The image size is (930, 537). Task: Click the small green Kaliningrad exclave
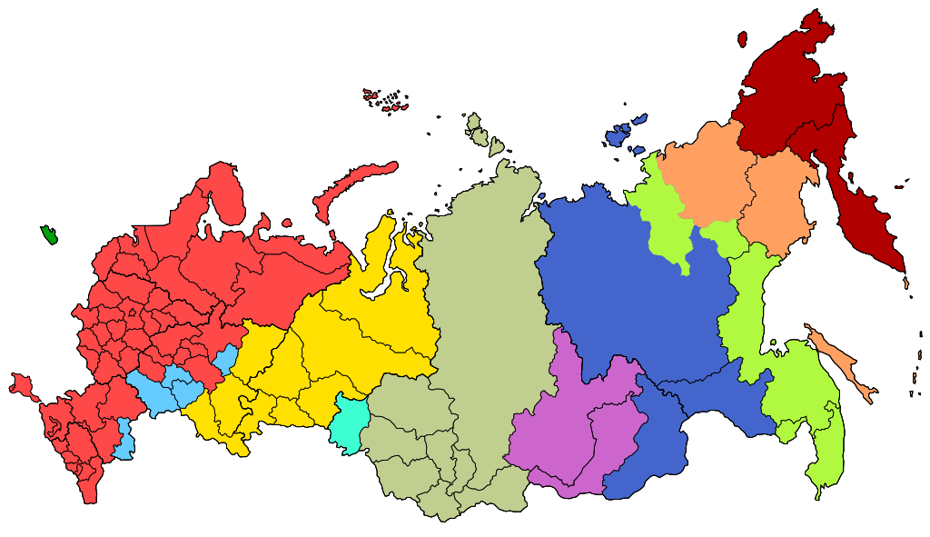[49, 234]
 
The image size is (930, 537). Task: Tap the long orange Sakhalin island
[840, 367]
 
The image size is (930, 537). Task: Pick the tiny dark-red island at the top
[742, 39]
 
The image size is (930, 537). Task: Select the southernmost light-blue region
[124, 440]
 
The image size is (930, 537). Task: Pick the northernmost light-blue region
[225, 359]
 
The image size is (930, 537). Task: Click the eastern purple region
[618, 436]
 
